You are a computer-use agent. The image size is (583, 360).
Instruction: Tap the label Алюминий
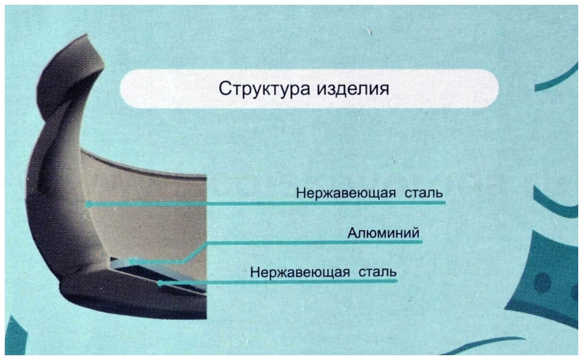coord(383,234)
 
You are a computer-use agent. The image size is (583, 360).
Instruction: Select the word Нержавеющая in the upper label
coord(345,194)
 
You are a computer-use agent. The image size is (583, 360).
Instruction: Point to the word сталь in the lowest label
coord(378,273)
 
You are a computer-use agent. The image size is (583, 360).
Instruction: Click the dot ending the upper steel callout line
coord(88,204)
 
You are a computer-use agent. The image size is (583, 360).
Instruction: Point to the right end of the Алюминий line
coord(421,242)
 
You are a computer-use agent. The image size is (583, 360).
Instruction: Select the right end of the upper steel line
coord(444,203)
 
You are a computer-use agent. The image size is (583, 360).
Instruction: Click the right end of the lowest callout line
coord(396,281)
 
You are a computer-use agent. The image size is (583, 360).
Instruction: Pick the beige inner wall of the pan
coord(158,210)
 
